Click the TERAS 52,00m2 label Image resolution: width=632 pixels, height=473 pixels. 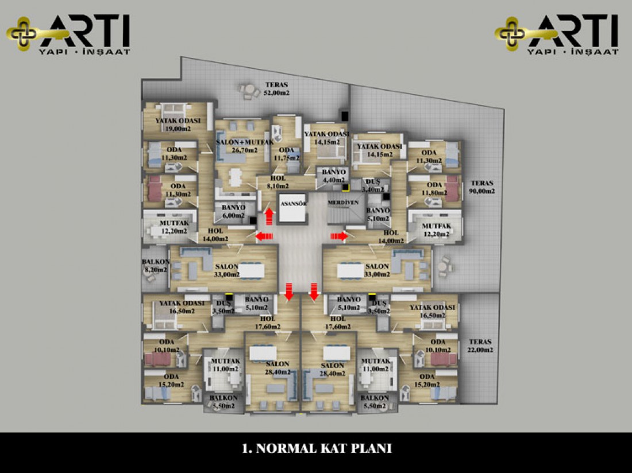tap(277, 88)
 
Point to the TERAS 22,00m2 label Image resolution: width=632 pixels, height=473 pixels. tap(479, 345)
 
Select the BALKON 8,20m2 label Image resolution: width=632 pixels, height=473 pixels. tap(155, 265)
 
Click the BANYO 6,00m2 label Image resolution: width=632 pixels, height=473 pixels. tap(230, 211)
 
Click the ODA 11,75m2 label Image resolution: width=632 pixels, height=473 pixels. tap(286, 154)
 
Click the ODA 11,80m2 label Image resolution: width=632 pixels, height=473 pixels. tap(434, 188)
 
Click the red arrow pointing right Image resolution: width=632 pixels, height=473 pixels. tap(338, 235)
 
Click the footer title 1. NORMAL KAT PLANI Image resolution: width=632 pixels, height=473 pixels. tap(317, 448)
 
